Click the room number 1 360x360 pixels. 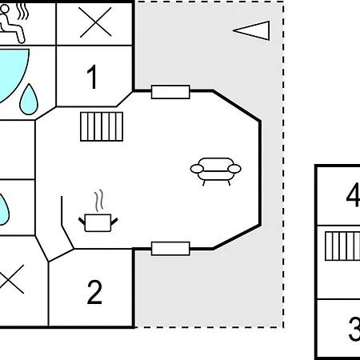point(92,77)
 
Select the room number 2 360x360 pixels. point(94,292)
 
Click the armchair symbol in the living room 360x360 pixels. point(216,171)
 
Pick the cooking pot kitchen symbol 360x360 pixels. point(98,222)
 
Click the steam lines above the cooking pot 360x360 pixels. point(99,201)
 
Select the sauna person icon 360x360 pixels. point(11,23)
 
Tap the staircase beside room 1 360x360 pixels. point(102,126)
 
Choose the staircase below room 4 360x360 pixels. point(342,246)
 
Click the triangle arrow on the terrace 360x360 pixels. point(251,30)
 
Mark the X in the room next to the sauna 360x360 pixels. point(95,22)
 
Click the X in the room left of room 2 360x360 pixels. point(10,279)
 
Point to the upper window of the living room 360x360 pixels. point(170,92)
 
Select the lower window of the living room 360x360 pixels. point(170,249)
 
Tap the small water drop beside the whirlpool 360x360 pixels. point(29,99)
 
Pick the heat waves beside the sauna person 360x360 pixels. point(22,11)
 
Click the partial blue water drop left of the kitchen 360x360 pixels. point(4,210)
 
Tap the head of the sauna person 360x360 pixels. point(5,9)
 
